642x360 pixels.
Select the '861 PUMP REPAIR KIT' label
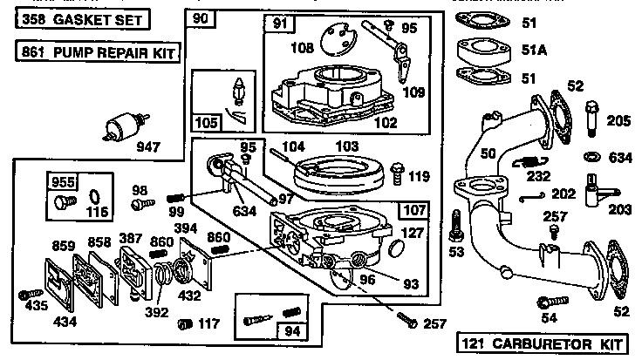[x=97, y=54]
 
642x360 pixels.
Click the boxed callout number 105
[x=206, y=123]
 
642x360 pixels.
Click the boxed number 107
[x=413, y=210]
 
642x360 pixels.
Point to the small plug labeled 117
[x=185, y=324]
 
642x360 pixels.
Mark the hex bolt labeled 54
[x=547, y=302]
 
